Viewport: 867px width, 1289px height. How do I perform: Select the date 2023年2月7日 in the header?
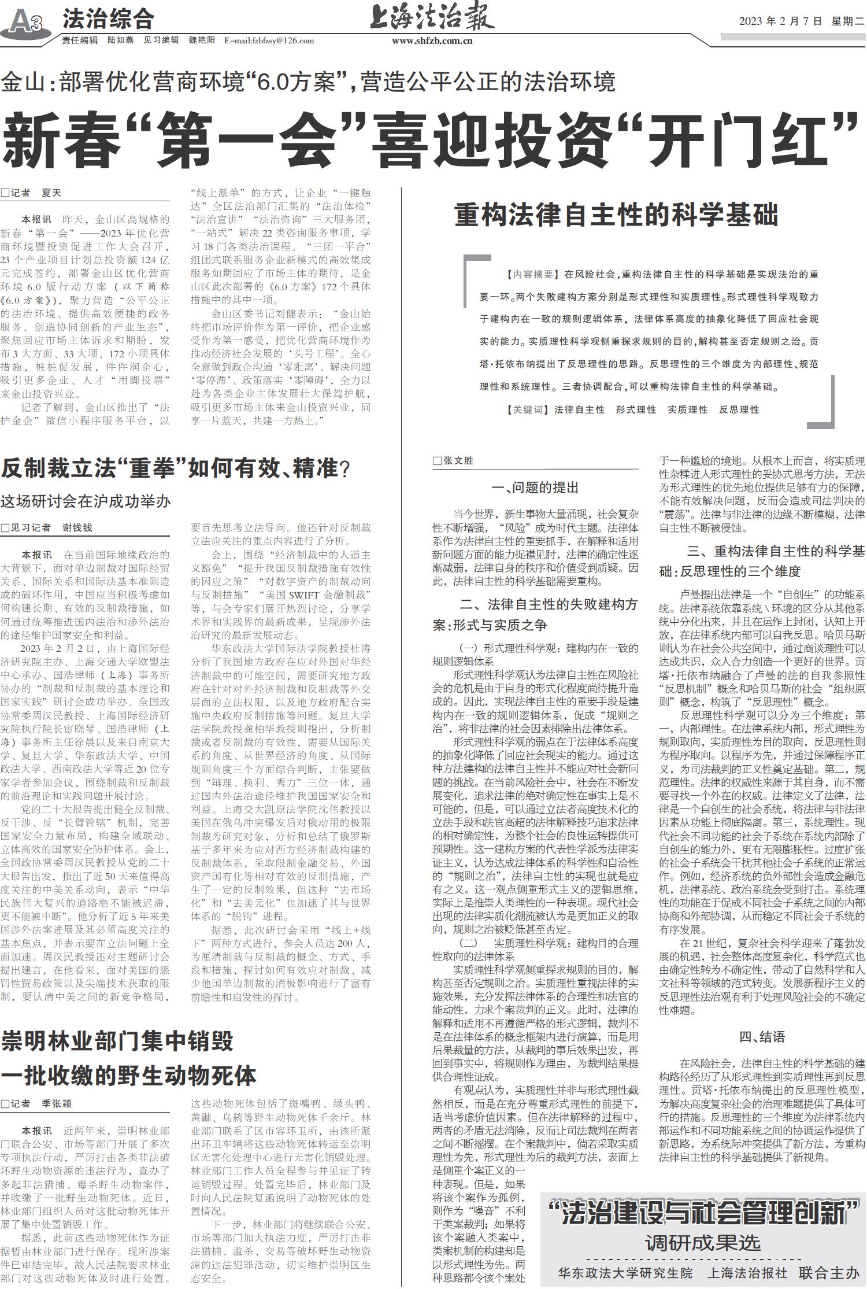[780, 21]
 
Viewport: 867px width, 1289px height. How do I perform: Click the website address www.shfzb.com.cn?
[432, 40]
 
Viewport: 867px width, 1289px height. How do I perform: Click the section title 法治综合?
[108, 19]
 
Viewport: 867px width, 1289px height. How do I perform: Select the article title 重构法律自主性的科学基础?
[616, 215]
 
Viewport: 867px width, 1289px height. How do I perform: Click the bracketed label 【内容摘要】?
[530, 274]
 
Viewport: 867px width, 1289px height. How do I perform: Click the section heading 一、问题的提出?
[535, 487]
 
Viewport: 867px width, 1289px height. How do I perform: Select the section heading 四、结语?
[762, 1036]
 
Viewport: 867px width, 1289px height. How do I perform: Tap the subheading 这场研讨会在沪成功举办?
[86, 501]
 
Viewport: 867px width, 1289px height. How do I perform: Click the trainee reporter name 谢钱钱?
[77, 527]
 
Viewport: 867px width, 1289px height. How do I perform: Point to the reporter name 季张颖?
[56, 1103]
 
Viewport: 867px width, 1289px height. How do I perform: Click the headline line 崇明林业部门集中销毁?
[117, 1041]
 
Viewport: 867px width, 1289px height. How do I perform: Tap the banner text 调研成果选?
[703, 1243]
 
